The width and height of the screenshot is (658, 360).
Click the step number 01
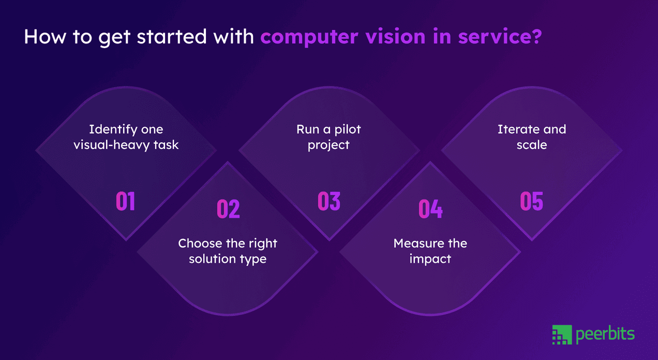coord(125,201)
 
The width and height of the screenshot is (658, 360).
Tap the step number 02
coord(228,209)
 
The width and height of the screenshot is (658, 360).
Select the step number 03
coord(329,201)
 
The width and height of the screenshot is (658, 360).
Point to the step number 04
coord(430,209)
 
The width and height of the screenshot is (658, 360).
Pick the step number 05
coord(531,201)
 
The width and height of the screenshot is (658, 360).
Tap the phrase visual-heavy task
coord(126,145)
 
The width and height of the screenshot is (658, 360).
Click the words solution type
coord(228,259)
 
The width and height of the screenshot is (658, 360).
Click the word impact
coord(430,259)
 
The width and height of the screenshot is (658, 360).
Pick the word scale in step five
coord(531,145)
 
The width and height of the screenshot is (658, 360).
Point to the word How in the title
coord(40,38)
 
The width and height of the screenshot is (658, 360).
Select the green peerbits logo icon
coord(562,335)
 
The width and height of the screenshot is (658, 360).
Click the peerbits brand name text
coord(605,335)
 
